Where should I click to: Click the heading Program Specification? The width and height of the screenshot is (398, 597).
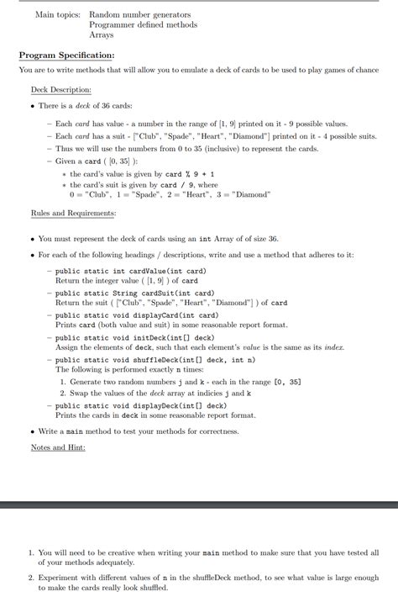66,55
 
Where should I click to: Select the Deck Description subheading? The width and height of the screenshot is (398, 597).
61,89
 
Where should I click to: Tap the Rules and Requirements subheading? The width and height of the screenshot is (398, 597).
73,214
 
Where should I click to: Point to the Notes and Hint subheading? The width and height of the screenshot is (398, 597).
58,447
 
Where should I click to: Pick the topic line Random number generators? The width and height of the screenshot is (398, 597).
139,15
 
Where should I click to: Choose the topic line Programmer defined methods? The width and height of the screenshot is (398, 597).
143,25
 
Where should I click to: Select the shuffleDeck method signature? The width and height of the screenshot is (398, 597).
150,359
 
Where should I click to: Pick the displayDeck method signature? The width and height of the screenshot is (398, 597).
138,405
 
